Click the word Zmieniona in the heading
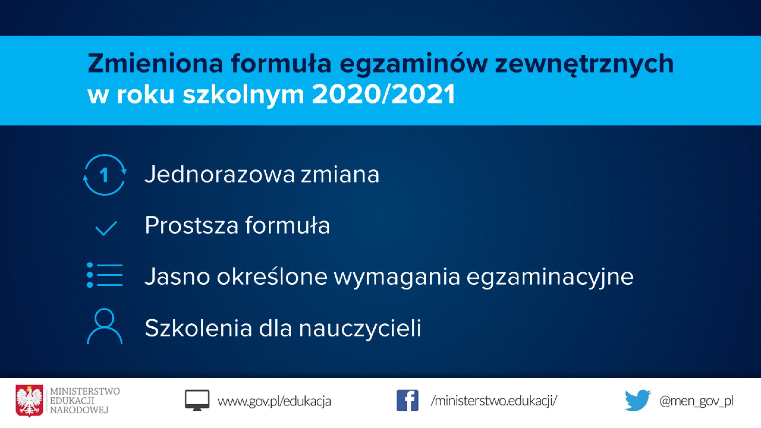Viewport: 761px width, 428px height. pos(155,63)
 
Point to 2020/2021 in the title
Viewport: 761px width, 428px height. pos(383,94)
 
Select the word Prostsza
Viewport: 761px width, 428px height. pos(191,225)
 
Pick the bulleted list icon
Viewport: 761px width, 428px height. pos(104,275)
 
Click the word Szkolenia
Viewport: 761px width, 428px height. pos(198,328)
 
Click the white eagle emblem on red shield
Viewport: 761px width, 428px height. pos(29,401)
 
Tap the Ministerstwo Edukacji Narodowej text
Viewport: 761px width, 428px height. pos(85,400)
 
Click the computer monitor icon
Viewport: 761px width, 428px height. pos(197,400)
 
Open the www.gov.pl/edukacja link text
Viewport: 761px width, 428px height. pos(274,402)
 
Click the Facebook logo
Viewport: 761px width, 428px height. pos(407,401)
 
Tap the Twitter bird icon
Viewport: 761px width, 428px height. pos(638,400)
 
